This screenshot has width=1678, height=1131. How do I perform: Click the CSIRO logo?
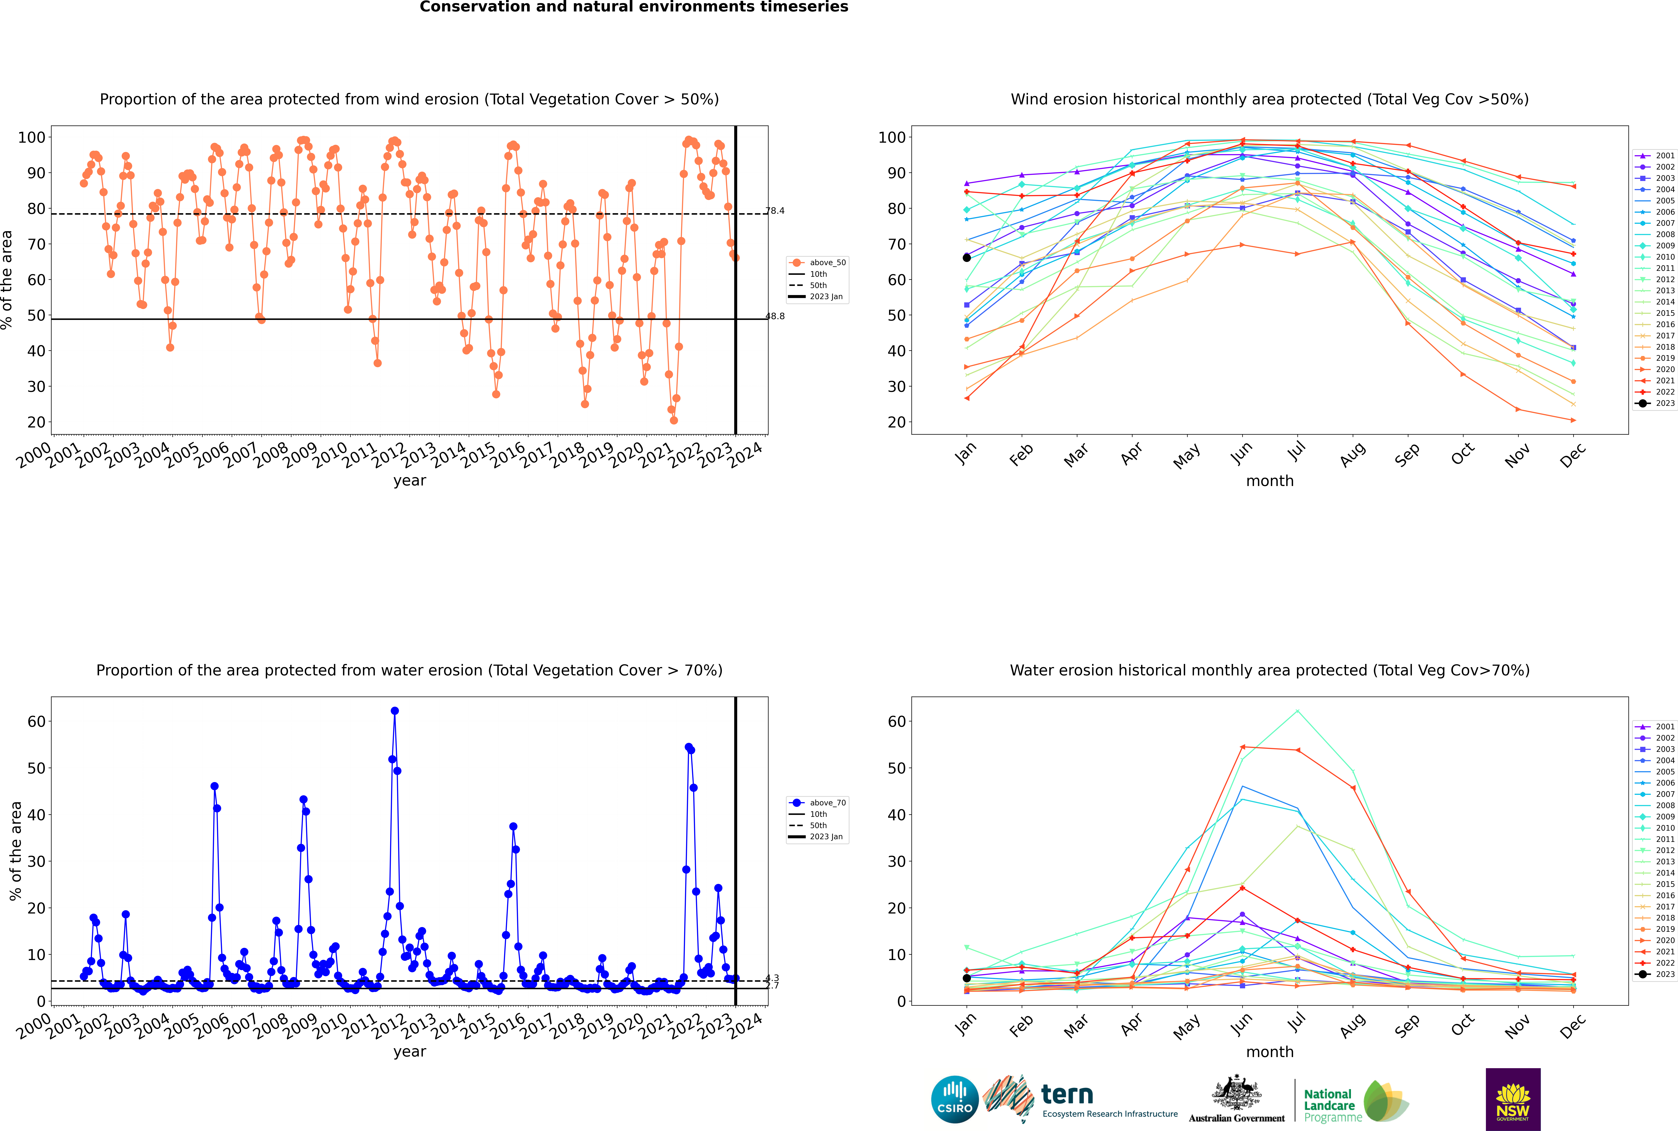(x=954, y=1099)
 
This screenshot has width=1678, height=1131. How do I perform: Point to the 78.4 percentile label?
(x=775, y=211)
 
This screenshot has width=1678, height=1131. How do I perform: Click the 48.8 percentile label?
(x=775, y=316)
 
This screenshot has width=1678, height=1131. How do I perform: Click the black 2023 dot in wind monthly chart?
(x=967, y=257)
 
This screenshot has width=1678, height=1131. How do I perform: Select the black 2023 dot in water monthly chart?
(x=967, y=978)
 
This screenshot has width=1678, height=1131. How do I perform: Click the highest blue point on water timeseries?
(x=395, y=710)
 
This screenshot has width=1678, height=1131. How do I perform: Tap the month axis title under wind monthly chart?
(x=1270, y=481)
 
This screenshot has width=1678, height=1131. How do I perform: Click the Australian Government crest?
(x=1237, y=1093)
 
